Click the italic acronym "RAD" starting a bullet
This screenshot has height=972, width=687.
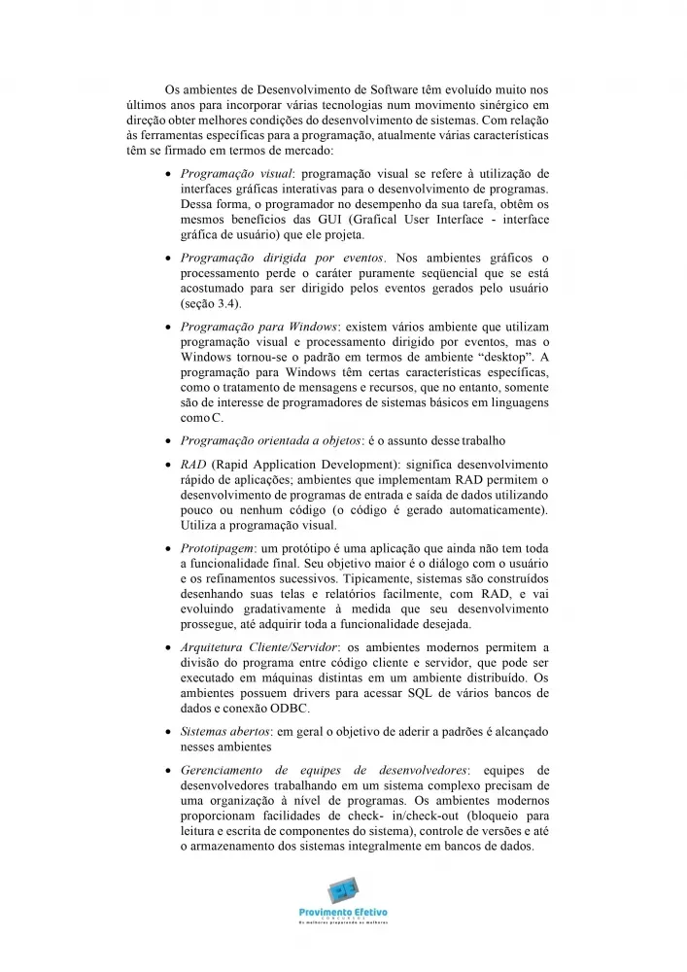point(192,464)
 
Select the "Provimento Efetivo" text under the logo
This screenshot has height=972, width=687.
point(343,911)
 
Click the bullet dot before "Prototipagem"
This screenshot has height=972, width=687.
point(170,549)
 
